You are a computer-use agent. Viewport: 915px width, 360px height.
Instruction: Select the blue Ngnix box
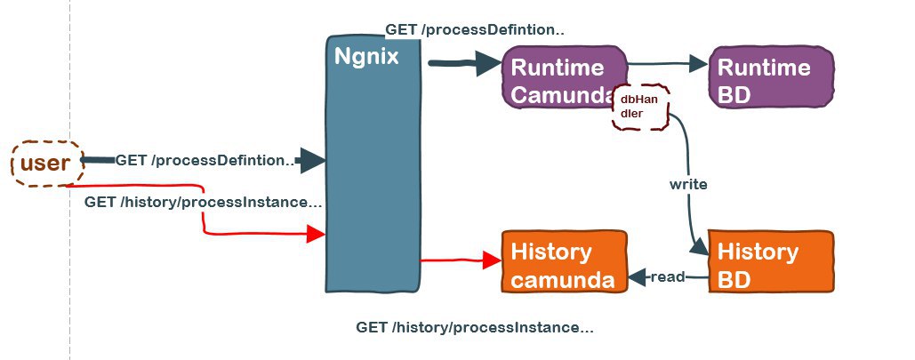(x=373, y=164)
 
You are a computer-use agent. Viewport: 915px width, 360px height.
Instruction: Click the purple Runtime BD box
(x=771, y=77)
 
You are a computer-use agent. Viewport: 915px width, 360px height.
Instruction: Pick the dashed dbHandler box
(x=639, y=107)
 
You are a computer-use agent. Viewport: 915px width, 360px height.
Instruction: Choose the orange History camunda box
(x=564, y=261)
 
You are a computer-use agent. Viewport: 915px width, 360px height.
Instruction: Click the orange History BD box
(x=771, y=261)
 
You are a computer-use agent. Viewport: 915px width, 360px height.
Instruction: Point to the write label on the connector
(x=688, y=184)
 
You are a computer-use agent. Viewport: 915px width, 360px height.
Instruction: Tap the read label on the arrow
(x=667, y=276)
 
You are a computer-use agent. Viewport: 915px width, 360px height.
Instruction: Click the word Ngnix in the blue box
(x=366, y=57)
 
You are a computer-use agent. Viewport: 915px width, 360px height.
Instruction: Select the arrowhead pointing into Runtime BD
(x=699, y=64)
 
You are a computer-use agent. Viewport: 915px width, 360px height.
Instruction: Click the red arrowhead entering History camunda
(x=492, y=260)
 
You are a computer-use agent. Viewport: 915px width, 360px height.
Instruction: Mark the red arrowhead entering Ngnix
(x=316, y=234)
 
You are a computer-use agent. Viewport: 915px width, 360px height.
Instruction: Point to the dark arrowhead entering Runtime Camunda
(x=489, y=63)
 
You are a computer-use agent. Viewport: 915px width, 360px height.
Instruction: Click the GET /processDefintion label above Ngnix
(x=475, y=29)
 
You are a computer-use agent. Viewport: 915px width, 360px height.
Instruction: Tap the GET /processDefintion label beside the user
(x=205, y=161)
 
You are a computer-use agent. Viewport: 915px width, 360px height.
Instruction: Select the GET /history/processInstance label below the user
(x=203, y=203)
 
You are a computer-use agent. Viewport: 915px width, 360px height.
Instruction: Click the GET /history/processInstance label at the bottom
(x=475, y=327)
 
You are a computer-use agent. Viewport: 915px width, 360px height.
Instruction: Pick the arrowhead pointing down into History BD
(x=699, y=248)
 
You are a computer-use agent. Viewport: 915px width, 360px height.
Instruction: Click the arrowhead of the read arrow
(x=637, y=277)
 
